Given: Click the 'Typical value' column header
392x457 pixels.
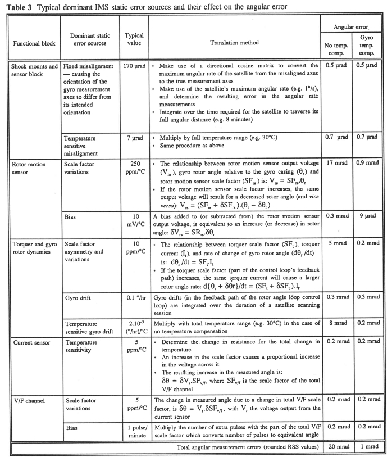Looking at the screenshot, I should click(x=134, y=39).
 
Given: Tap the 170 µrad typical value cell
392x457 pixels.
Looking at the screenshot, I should click(x=134, y=66).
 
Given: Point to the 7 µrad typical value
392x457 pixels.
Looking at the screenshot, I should click(x=134, y=137).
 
